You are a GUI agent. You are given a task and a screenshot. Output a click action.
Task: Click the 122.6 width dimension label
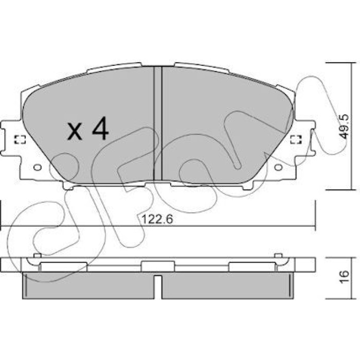157,219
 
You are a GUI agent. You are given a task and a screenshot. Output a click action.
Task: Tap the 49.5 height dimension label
344,127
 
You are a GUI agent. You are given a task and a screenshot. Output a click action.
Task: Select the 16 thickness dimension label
344,277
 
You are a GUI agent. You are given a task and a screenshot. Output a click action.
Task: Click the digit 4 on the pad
100,128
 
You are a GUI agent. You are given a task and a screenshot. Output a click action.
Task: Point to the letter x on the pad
75,132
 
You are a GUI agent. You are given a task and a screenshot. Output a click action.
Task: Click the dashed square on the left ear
20,139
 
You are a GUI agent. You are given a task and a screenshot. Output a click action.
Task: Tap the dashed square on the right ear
296,139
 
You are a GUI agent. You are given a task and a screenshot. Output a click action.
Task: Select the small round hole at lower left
38,167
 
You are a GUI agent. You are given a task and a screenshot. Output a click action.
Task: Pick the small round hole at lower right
279,167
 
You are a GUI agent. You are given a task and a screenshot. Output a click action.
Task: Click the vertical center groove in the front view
158,123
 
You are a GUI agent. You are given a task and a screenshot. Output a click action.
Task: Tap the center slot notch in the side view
158,287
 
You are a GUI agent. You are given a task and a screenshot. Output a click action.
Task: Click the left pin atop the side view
37,255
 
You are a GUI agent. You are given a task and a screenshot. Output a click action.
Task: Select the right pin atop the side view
278,255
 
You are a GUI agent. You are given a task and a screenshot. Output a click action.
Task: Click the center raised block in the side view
158,266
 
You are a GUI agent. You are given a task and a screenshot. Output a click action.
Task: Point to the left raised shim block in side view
64,267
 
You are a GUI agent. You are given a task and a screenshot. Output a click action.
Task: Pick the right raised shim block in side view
252,267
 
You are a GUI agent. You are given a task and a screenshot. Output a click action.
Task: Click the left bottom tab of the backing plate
68,186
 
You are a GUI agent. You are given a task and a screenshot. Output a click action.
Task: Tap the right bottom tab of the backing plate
248,186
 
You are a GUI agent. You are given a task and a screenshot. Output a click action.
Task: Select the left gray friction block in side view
88,285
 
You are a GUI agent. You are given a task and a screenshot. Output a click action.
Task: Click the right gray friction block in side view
227,285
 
